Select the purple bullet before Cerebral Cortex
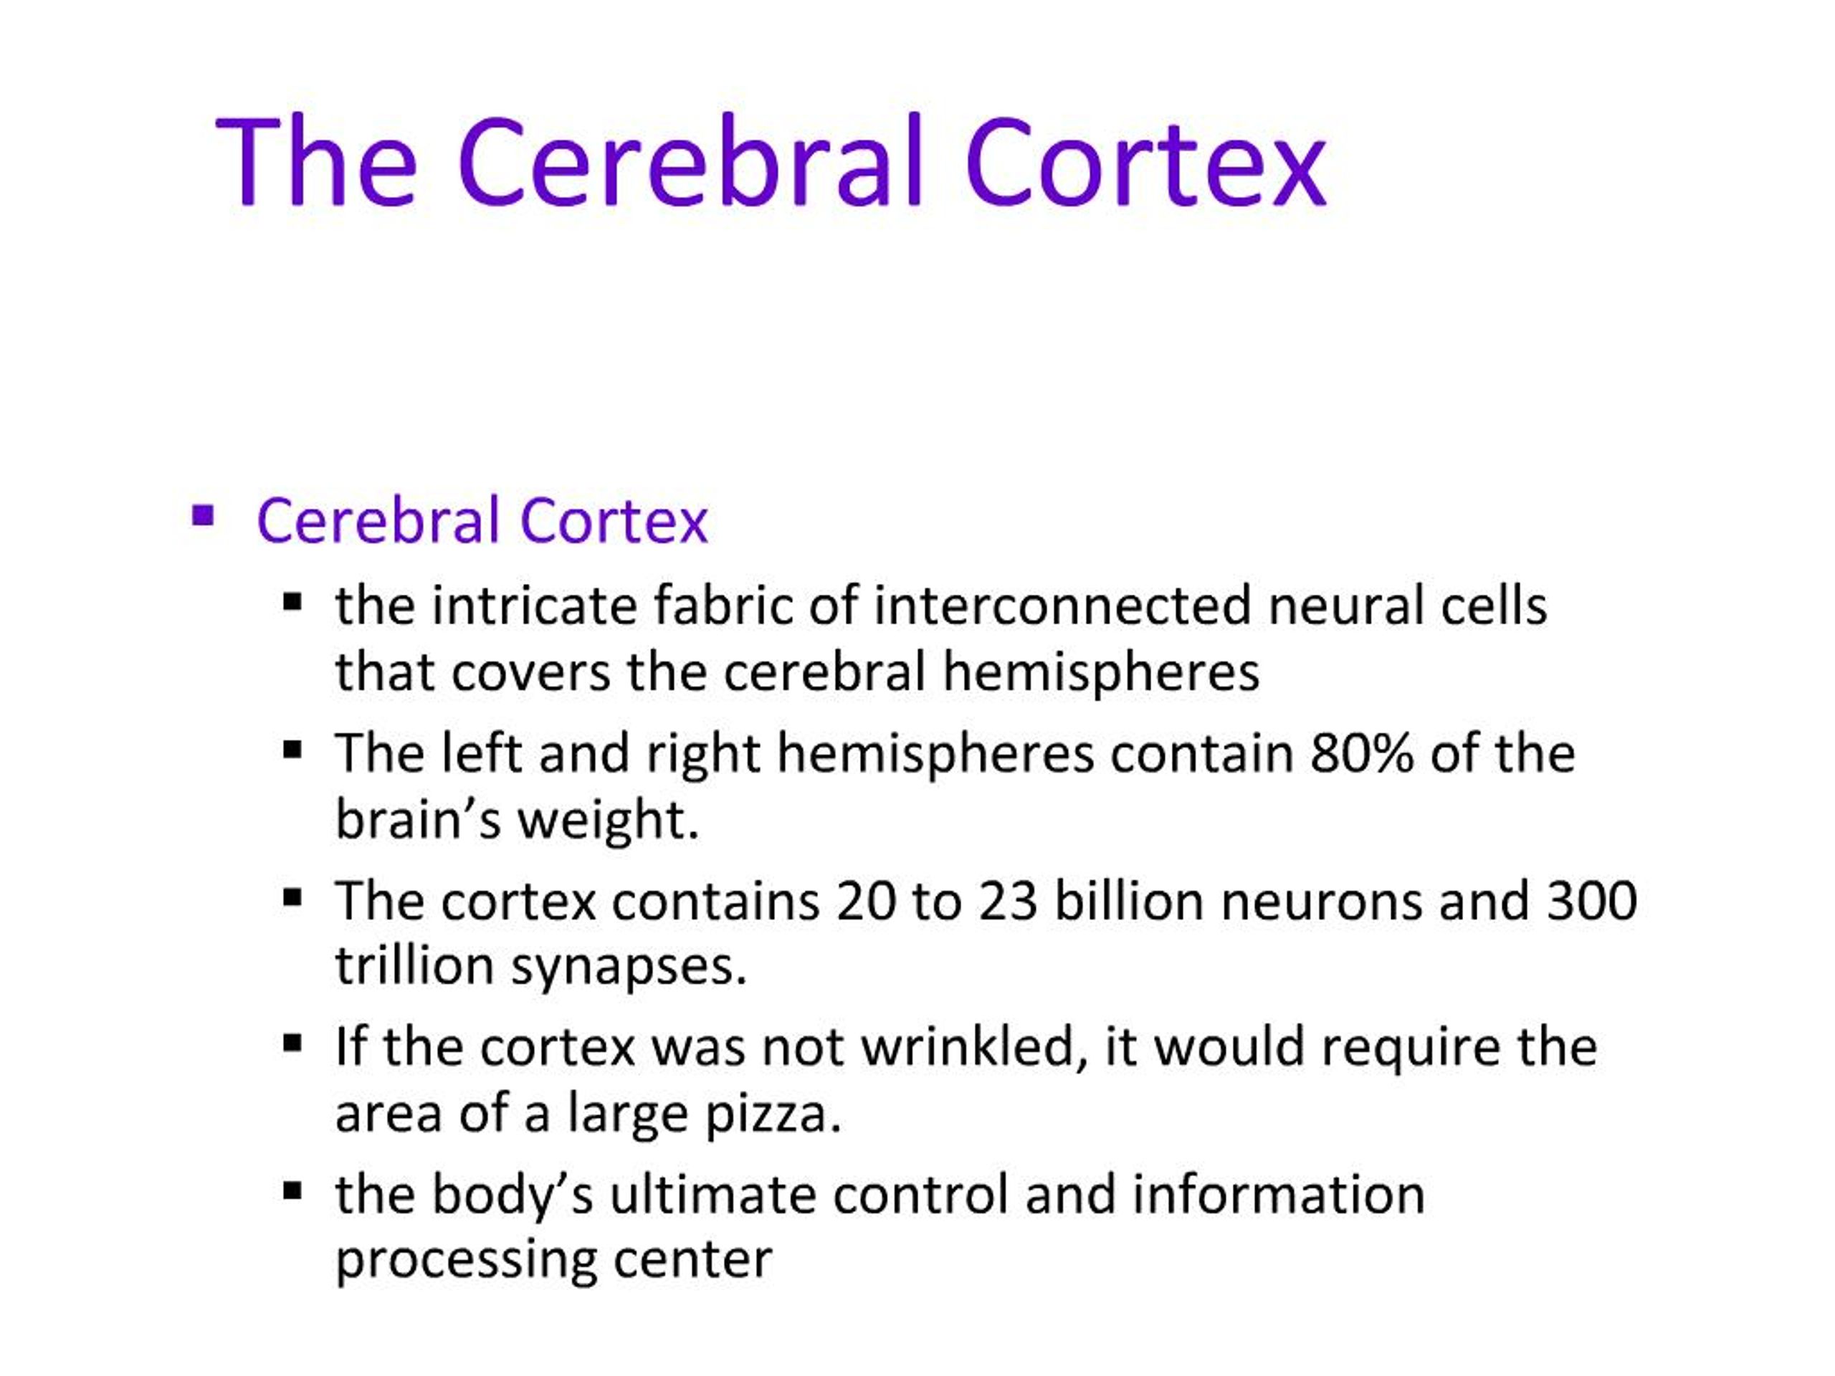coord(202,517)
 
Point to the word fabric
coord(723,606)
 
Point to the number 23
coord(1007,900)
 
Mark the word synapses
coord(629,967)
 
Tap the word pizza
coord(773,1113)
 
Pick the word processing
coord(465,1261)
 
